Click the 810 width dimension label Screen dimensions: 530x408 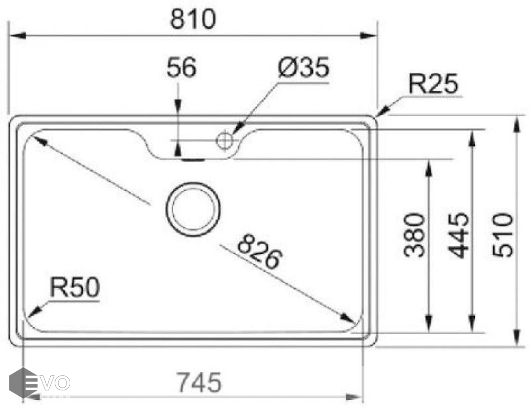tap(193, 19)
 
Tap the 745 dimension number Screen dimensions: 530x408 tap(200, 382)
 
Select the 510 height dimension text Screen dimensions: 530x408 tap(503, 235)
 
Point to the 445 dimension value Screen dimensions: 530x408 tap(458, 235)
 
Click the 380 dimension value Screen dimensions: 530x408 tap(415, 235)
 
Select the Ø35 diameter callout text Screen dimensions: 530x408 tap(304, 67)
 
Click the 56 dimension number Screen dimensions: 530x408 tap(181, 67)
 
